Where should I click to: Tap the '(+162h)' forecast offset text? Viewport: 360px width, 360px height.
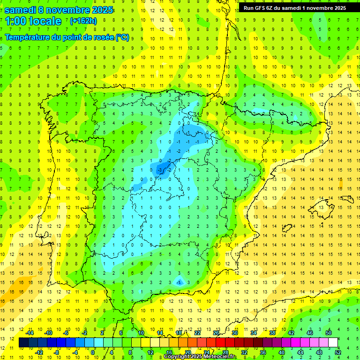pyautogui.click(x=83, y=21)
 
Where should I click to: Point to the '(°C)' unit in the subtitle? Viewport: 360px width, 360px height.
pyautogui.click(x=122, y=37)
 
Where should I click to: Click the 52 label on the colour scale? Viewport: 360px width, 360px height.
pyautogui.click(x=338, y=352)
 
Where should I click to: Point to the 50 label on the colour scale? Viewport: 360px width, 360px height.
pyautogui.click(x=329, y=333)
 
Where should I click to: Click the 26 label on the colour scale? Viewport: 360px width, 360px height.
pyautogui.click(x=216, y=333)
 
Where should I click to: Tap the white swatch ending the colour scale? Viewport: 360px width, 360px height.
pyautogui.click(x=333, y=343)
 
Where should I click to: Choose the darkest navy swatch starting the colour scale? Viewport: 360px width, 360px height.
pyautogui.click(x=23, y=343)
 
